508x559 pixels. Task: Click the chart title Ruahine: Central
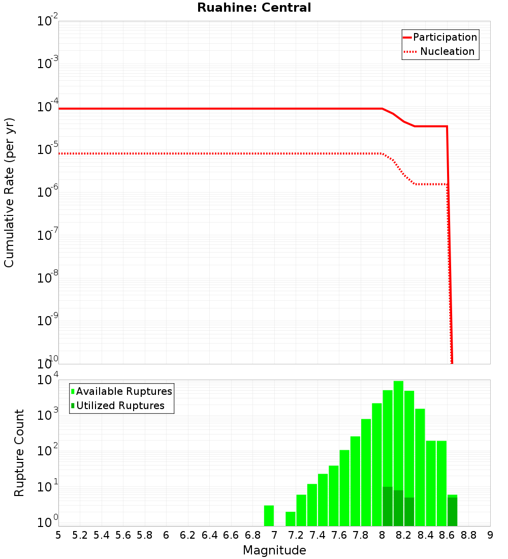coord(253,8)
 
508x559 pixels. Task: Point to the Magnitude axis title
coord(274,550)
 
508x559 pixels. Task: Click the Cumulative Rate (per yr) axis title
coord(9,193)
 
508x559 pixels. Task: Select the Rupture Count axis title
coord(19,453)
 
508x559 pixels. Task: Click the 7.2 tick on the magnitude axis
coord(296,535)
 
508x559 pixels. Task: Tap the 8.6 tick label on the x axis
coord(447,535)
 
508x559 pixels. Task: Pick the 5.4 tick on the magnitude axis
coord(101,535)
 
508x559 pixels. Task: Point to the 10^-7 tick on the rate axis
coord(48,235)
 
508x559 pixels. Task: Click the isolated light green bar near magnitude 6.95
coord(269,515)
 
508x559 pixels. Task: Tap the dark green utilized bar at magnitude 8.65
coord(452,512)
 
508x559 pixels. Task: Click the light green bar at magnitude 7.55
coord(334,495)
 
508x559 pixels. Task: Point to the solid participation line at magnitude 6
coord(166,109)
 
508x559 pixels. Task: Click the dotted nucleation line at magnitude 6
coord(166,153)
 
